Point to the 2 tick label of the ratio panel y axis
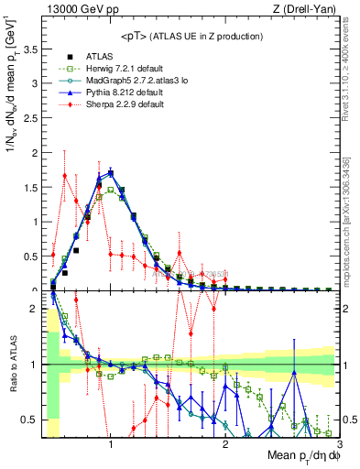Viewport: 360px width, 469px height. (x=35, y=309)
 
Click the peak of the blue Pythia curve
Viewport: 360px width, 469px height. (x=111, y=171)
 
